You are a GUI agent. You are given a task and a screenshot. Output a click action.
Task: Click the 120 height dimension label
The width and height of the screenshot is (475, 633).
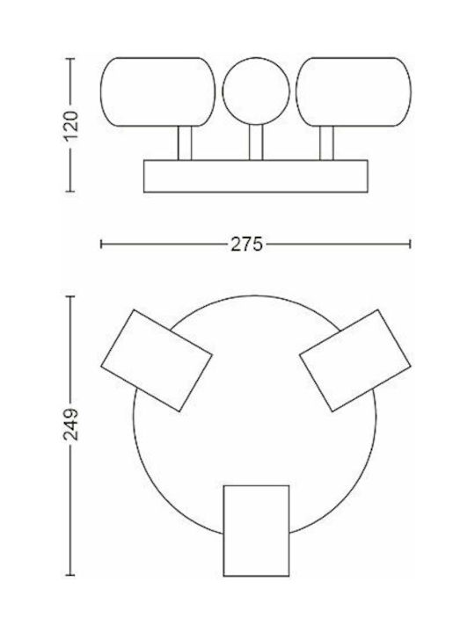point(71,125)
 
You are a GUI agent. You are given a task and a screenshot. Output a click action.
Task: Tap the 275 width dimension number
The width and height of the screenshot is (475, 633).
point(246,244)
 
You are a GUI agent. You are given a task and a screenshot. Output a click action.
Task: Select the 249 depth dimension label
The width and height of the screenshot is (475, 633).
point(71,425)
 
